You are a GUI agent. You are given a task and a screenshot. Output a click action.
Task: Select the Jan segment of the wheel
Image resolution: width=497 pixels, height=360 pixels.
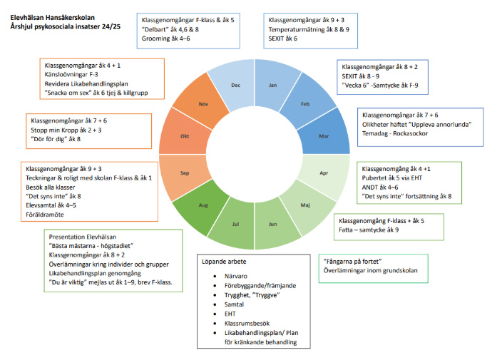click(x=273, y=83)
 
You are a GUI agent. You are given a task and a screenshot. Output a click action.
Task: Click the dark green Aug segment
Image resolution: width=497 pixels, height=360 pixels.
click(x=203, y=205)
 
